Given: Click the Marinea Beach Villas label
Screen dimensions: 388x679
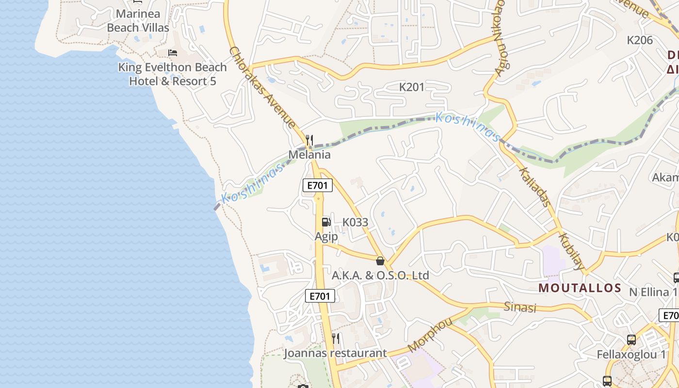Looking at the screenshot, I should tap(138, 20).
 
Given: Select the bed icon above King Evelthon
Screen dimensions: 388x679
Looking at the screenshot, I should tap(173, 52).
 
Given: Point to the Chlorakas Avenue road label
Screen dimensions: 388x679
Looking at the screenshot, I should tap(262, 87).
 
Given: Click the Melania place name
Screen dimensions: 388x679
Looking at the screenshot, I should tap(309, 155).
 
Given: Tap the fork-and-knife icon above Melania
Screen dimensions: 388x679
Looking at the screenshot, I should tap(309, 140).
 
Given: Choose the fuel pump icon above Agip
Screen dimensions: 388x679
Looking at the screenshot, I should tap(326, 222).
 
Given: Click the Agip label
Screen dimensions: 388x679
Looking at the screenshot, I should tap(326, 237).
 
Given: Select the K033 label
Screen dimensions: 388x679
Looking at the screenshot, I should tap(356, 222).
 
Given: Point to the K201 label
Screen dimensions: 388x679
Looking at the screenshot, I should tap(412, 87).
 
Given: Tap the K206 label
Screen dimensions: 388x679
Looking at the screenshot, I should tap(640, 40).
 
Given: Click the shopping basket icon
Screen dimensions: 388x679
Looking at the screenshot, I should tap(380, 261).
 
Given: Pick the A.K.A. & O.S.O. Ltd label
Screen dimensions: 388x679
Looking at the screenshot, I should tap(380, 275).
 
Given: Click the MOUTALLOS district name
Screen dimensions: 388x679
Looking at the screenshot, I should tap(580, 288).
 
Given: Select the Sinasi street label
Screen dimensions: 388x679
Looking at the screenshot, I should tap(520, 307).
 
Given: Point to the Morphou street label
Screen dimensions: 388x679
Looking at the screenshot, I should tap(430, 335).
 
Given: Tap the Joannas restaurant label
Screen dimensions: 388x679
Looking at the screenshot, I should tap(335, 353).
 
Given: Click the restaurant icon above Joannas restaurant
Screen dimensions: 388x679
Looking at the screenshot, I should tap(336, 338).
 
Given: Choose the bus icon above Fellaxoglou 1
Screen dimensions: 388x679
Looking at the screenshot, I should tap(631, 339).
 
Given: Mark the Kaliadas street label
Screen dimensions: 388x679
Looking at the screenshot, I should tap(534, 187).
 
